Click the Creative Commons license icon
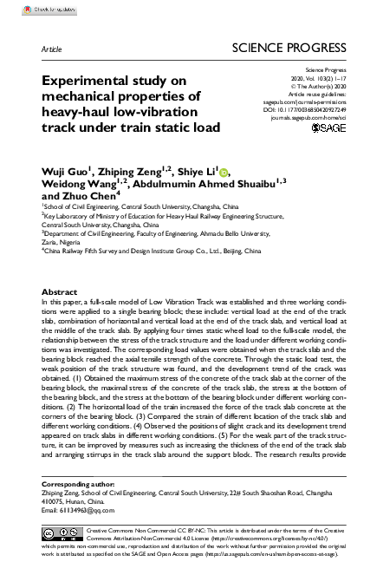pyautogui.click(x=62, y=532)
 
